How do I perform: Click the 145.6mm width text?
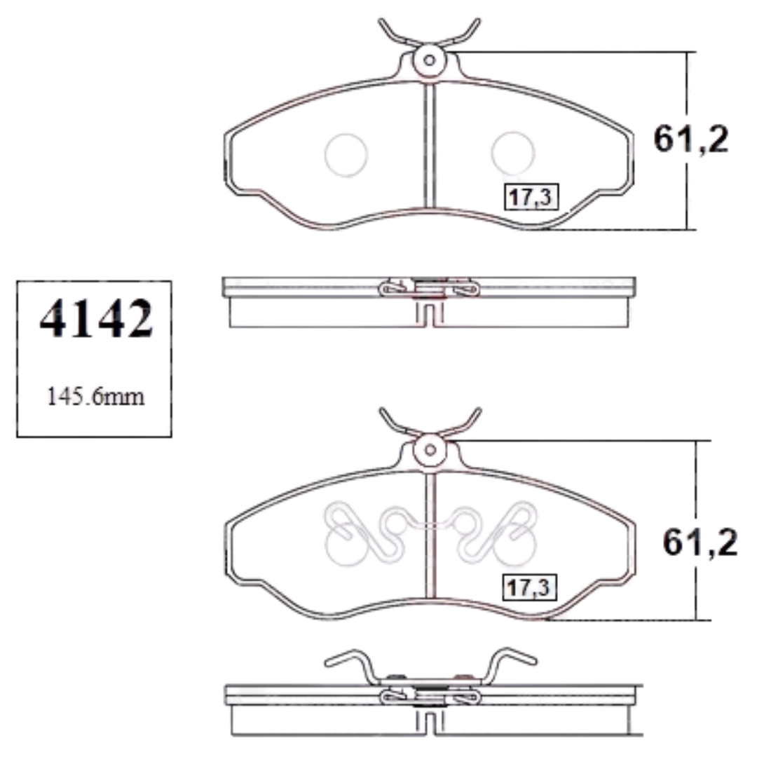(x=95, y=397)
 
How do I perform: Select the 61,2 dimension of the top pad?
(x=691, y=139)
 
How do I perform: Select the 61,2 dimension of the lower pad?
(x=700, y=542)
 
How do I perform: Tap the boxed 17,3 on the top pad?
(x=531, y=197)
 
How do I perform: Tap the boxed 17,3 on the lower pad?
(x=530, y=587)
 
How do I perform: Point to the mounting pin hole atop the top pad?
(x=429, y=60)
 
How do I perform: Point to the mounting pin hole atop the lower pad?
(x=430, y=450)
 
